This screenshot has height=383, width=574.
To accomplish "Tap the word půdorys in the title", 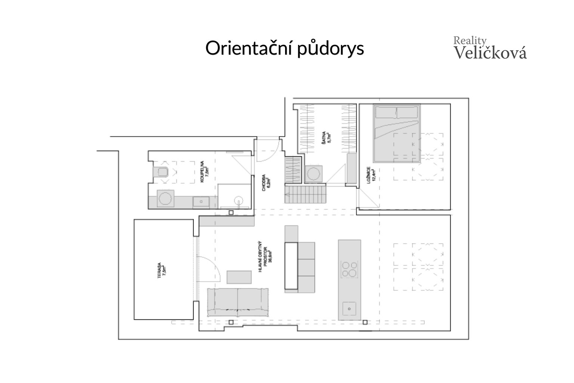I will (x=330, y=49).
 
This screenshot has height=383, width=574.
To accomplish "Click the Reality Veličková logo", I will (x=490, y=48).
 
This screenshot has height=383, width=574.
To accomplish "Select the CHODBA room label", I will (x=266, y=182).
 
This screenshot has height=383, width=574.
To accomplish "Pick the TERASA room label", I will (x=162, y=270).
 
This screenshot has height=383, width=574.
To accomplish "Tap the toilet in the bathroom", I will (x=162, y=172).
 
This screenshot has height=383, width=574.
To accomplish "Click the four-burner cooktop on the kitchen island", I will (x=349, y=269).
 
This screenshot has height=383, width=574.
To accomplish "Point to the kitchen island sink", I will (x=349, y=309).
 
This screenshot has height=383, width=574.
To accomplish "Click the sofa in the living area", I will (x=238, y=302).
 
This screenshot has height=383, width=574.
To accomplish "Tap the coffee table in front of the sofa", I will (x=239, y=277).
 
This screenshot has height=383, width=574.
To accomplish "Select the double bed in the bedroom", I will (x=397, y=134).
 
